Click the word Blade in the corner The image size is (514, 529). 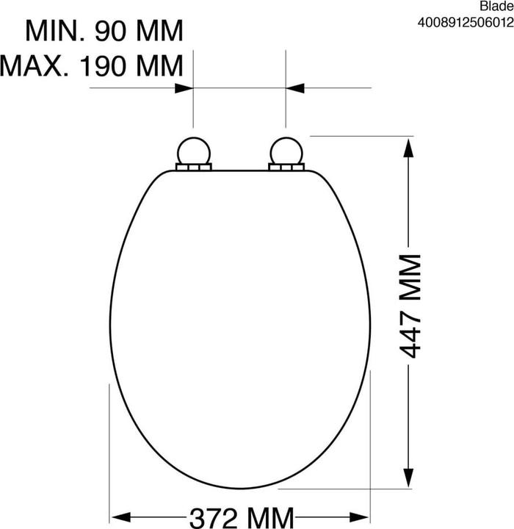pos(497,6)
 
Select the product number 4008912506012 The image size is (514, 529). pos(466,23)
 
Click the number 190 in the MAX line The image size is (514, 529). pos(103,65)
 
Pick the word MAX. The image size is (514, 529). pos(35,65)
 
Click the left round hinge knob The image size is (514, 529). pos(194,151)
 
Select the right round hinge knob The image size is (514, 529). pos(286,151)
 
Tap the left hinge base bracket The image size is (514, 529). pos(194,167)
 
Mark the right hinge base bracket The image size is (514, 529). pos(286,167)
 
